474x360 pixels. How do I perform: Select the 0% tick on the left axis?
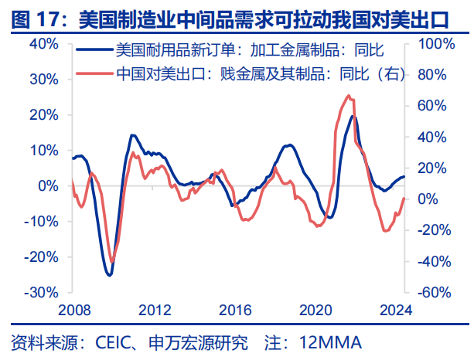[x=47, y=186]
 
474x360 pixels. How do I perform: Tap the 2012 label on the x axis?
[x=155, y=311]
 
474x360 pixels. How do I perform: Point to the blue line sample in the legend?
[x=95, y=53]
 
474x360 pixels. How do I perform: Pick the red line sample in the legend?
[x=95, y=74]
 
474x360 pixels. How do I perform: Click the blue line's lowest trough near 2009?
[x=110, y=275]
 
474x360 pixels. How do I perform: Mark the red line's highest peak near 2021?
[x=349, y=96]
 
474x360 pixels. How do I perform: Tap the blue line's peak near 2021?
[x=353, y=116]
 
